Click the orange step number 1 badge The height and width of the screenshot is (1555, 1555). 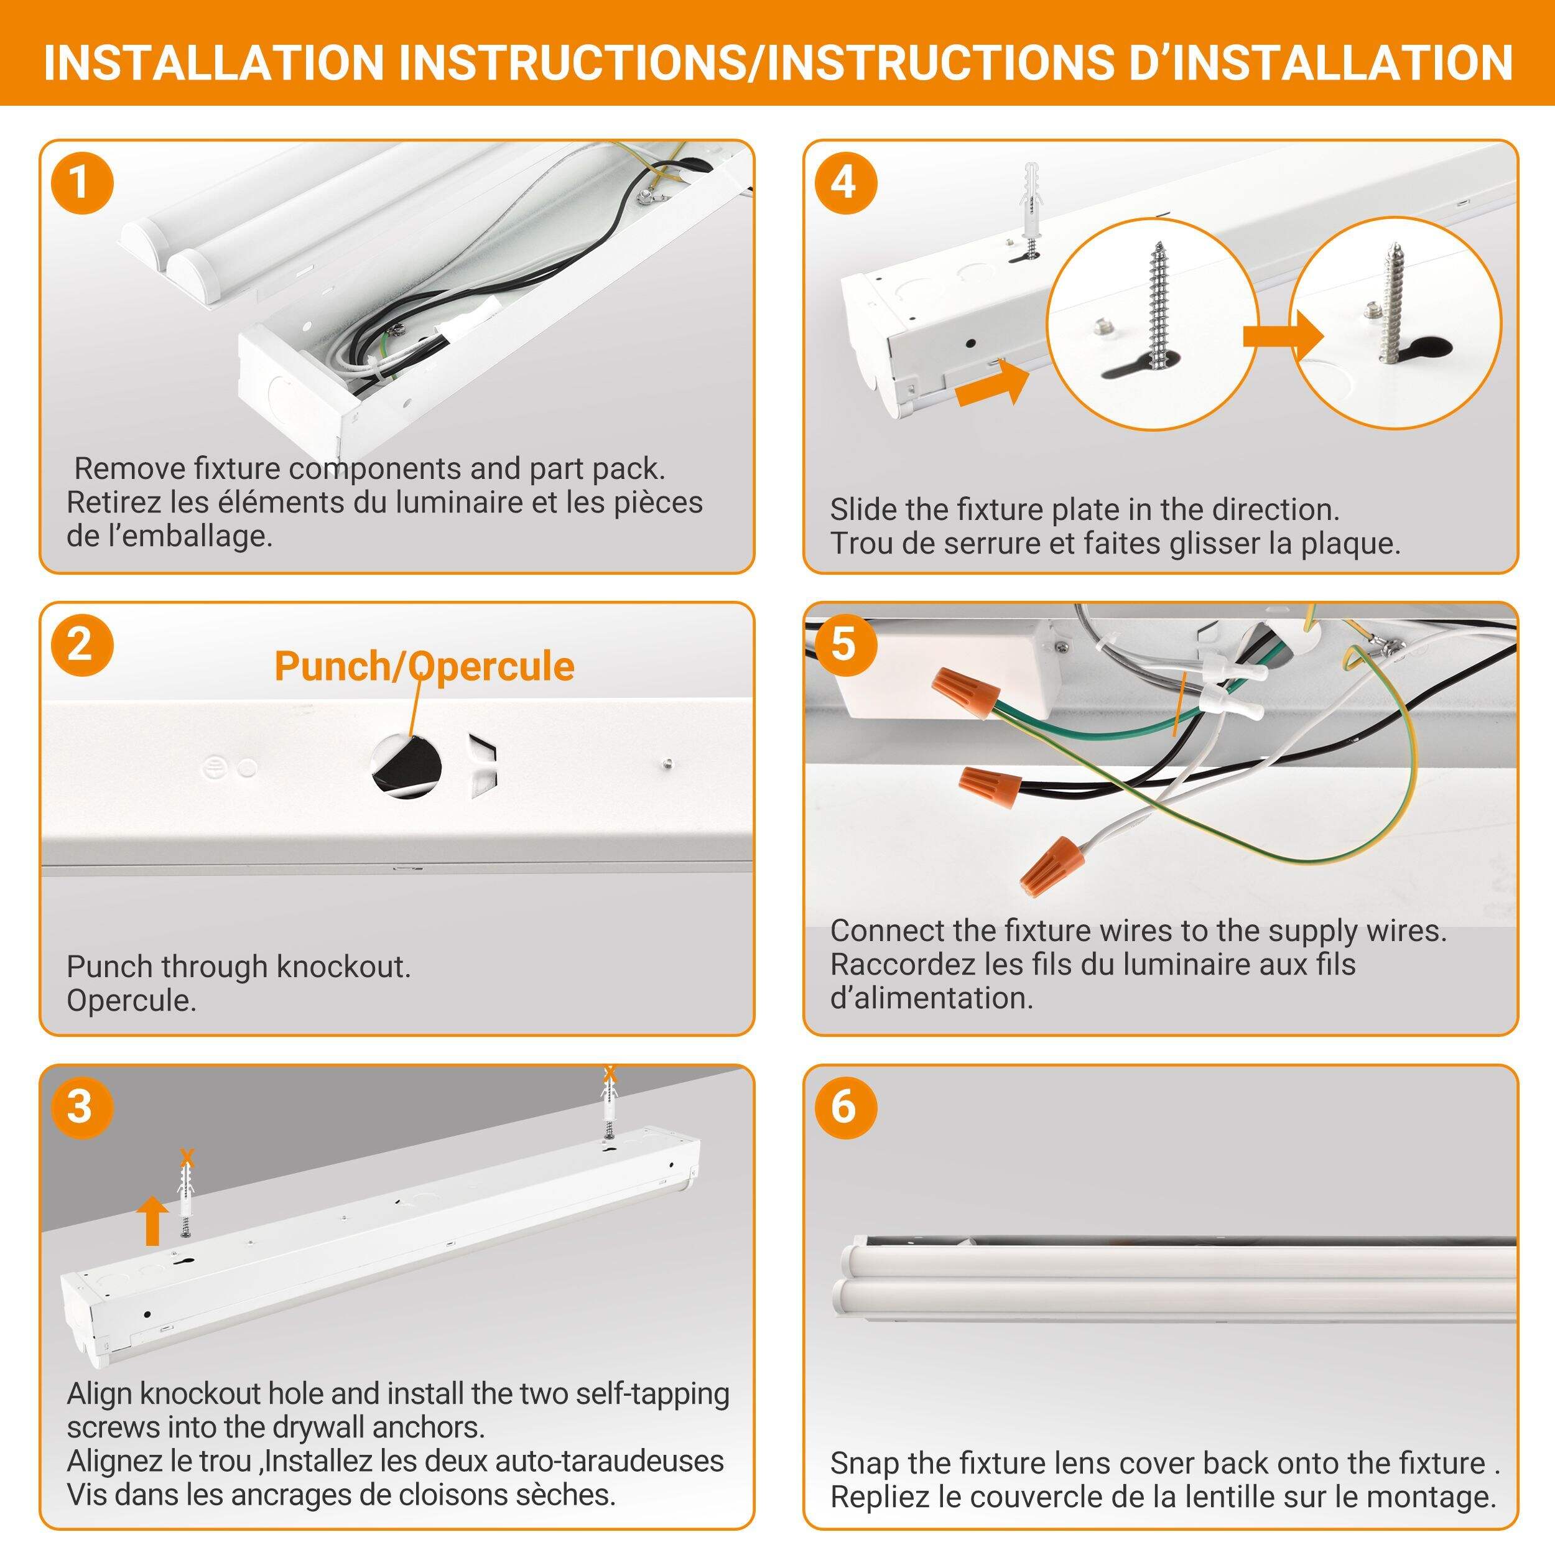[81, 183]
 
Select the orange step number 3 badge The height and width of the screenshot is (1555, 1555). [81, 1107]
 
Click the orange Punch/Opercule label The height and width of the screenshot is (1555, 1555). [424, 666]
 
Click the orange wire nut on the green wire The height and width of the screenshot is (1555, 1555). [965, 693]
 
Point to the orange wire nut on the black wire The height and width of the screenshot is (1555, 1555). [991, 781]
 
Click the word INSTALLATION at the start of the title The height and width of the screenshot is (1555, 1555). [213, 63]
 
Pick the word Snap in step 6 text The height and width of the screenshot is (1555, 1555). [863, 1463]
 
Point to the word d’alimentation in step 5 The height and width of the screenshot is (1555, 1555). [932, 998]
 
